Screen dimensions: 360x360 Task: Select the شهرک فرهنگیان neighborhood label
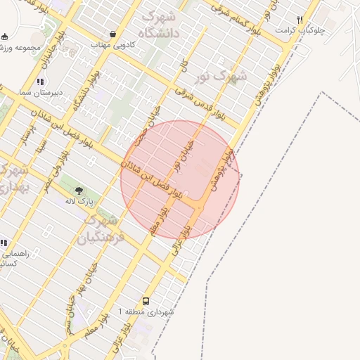click(105, 229)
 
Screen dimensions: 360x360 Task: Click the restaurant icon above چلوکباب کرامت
click(300, 20)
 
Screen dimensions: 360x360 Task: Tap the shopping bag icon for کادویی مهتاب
click(113, 33)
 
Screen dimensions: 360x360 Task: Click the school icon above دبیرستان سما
click(40, 82)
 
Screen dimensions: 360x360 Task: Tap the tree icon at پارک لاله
click(79, 191)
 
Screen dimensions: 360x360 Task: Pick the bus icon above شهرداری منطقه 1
click(146, 300)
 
